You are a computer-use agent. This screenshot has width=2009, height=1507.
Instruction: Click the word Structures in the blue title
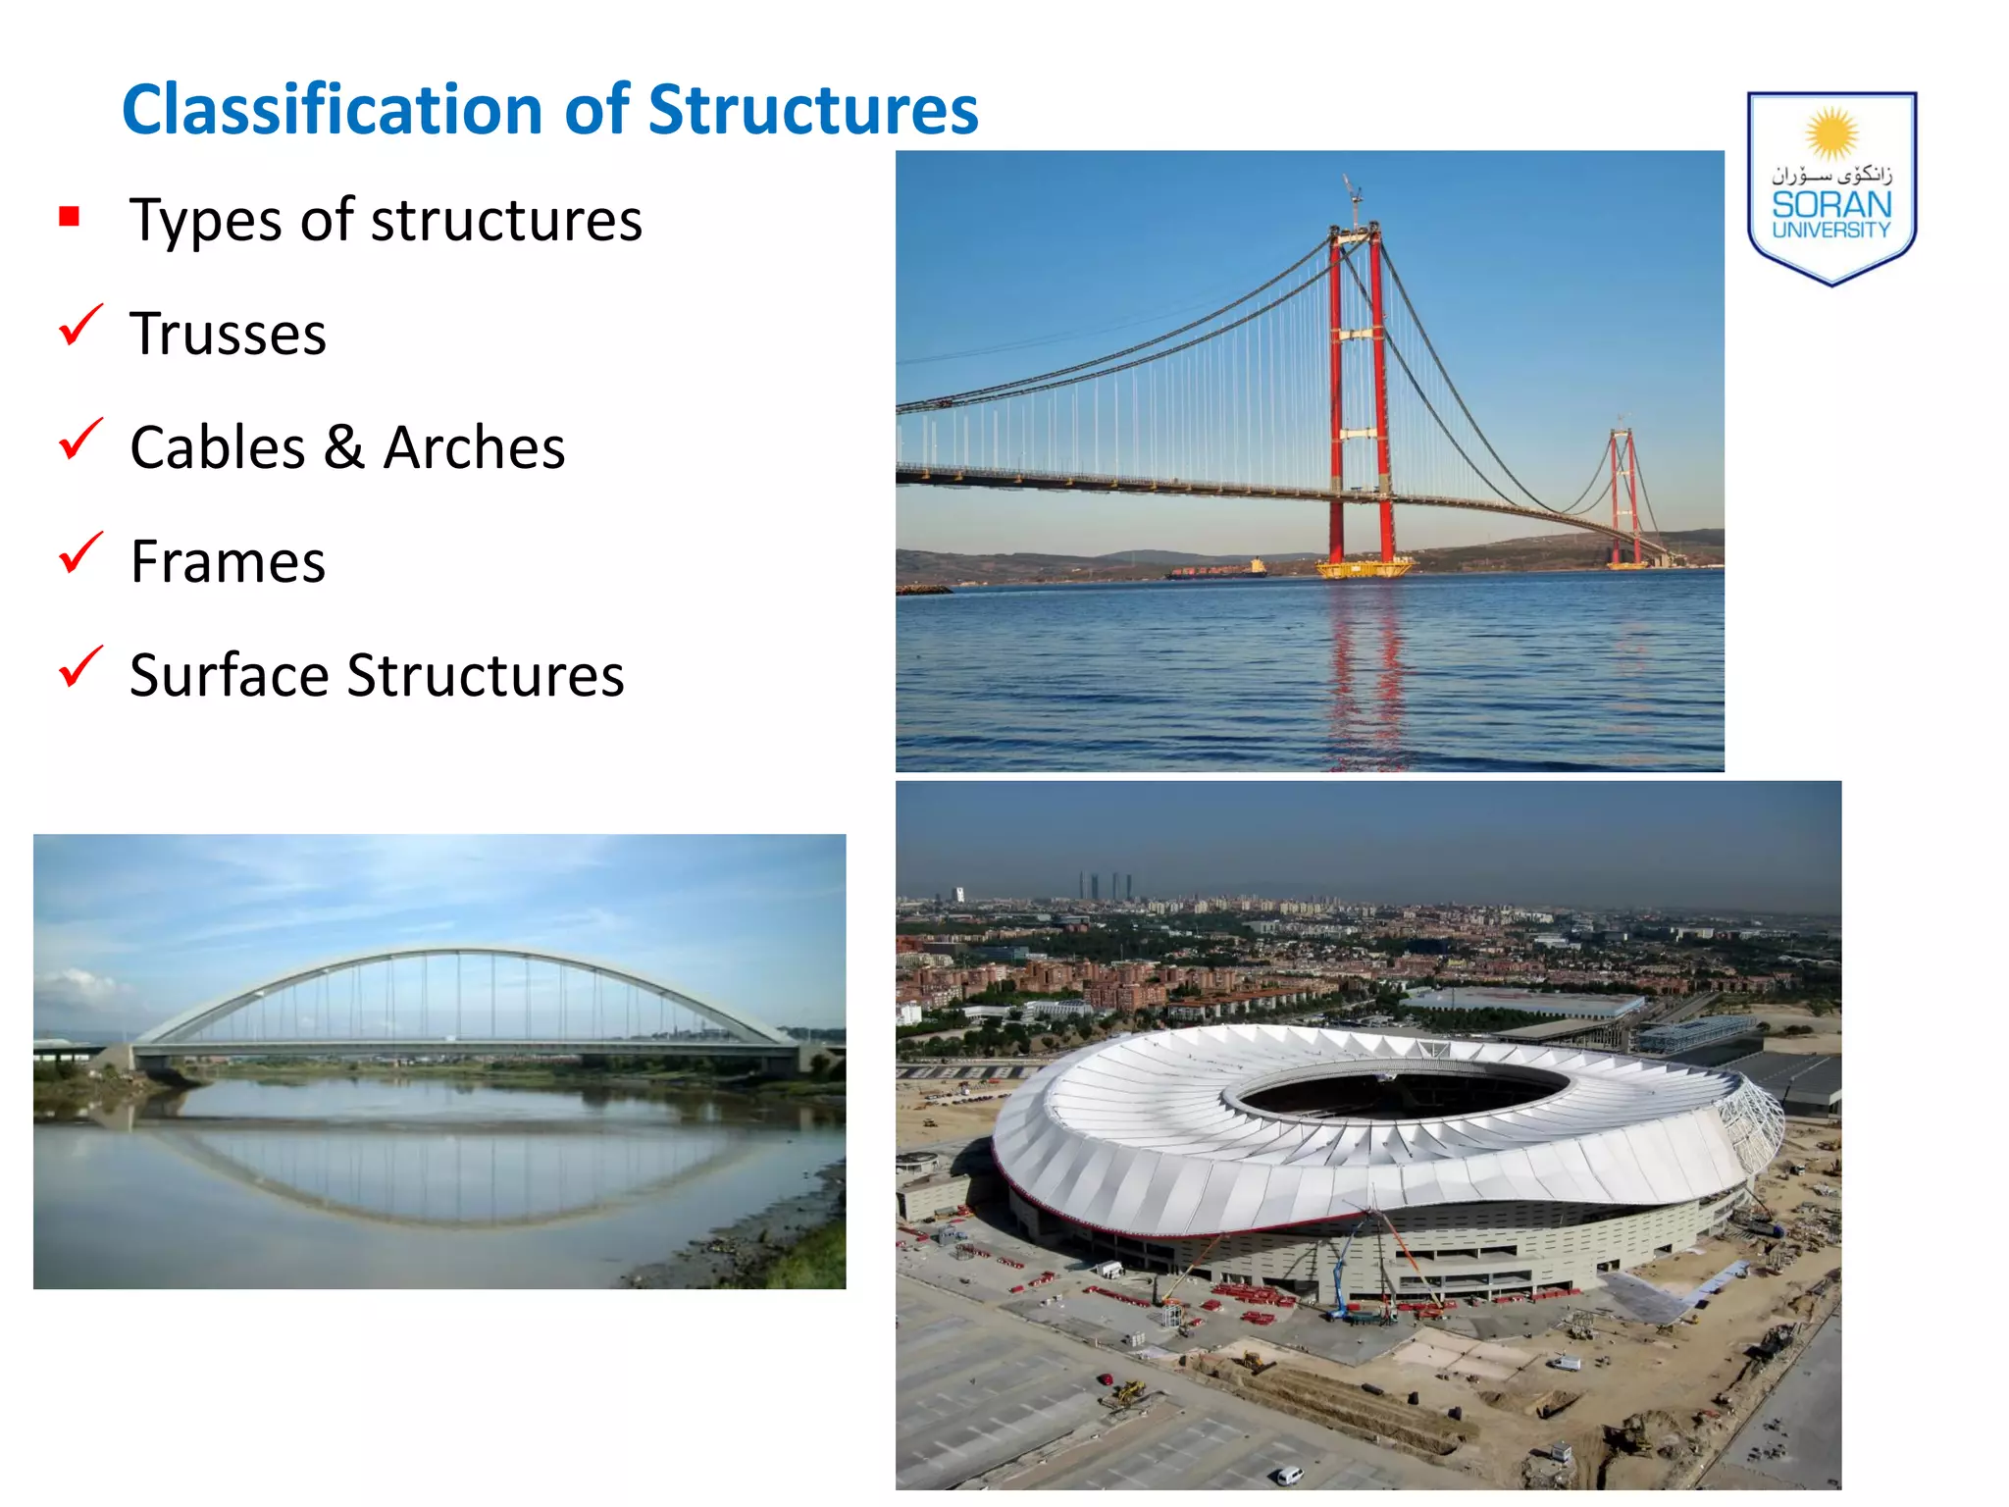tap(813, 109)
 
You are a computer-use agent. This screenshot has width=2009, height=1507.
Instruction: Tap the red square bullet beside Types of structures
tap(69, 216)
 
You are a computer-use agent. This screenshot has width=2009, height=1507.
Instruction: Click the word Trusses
tap(228, 335)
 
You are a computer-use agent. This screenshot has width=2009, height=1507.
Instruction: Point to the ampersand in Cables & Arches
tap(344, 447)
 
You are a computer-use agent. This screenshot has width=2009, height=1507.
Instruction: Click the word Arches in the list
tap(474, 448)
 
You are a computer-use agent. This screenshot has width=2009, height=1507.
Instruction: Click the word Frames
tap(228, 562)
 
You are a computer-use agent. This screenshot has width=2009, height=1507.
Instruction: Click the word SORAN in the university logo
tap(1830, 205)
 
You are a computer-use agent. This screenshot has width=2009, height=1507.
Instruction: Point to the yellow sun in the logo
tap(1831, 134)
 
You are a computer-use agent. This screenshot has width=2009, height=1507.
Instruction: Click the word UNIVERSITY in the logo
tap(1830, 230)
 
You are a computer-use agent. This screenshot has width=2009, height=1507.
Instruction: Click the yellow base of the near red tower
tap(1364, 567)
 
